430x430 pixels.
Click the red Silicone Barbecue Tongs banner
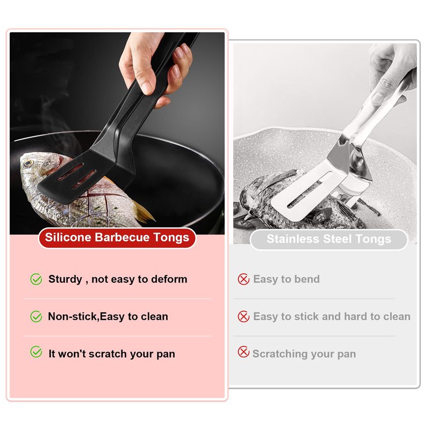(117, 238)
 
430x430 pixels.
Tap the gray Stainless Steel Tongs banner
(329, 239)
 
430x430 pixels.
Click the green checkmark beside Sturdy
(36, 279)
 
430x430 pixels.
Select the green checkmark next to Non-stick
(36, 317)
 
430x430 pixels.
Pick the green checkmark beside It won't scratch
(36, 352)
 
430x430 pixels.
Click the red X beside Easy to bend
(243, 279)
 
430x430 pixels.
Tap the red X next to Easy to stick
(243, 317)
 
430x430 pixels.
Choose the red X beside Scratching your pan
(243, 352)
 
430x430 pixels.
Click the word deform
(169, 279)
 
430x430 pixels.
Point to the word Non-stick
(72, 317)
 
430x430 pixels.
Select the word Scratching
(280, 354)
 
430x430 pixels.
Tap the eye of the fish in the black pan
(28, 163)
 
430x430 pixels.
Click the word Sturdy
(65, 279)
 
